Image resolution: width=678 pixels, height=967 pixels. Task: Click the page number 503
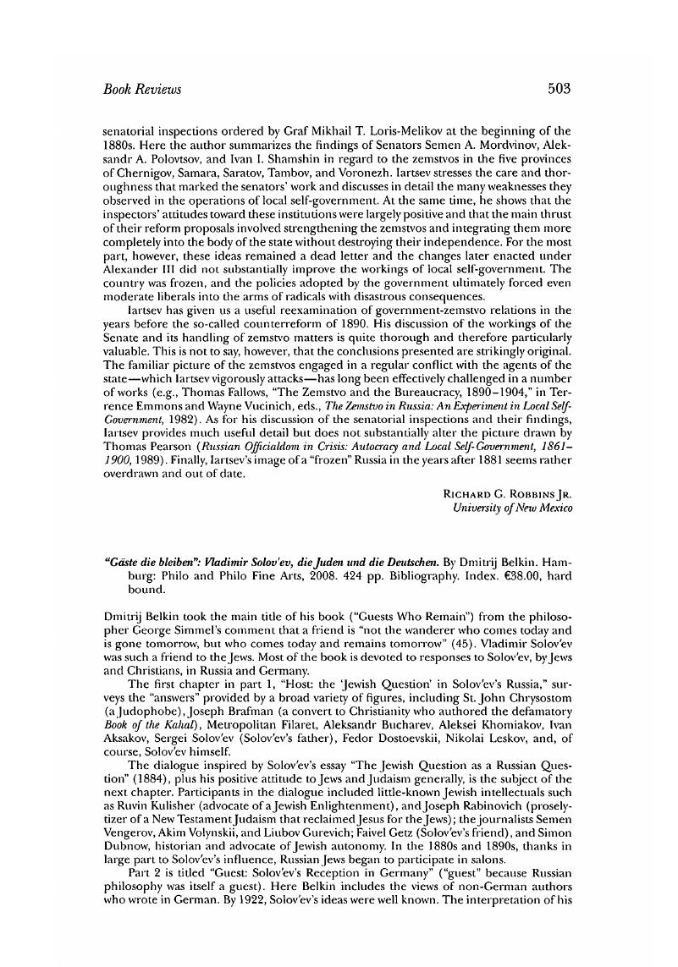tap(560, 88)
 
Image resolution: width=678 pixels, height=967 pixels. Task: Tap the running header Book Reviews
tap(141, 88)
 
